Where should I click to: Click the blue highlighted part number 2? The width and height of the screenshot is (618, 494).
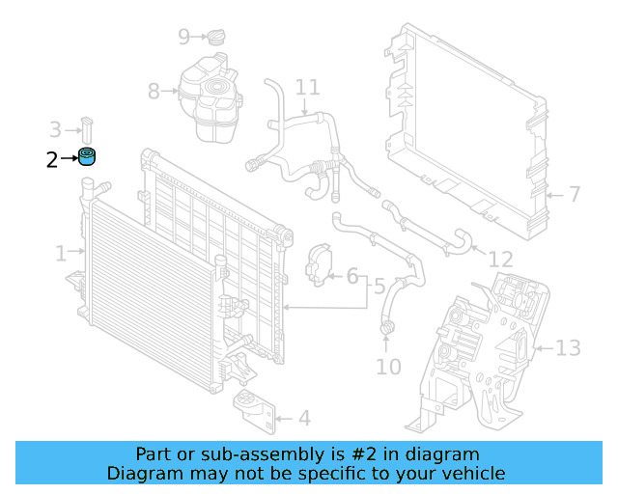89,158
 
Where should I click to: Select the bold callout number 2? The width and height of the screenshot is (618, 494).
52,160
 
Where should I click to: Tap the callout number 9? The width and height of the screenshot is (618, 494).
183,38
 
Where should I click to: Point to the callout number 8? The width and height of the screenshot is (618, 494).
154,92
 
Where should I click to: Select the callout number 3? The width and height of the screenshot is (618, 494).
55,128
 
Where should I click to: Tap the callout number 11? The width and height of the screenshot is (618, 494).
307,88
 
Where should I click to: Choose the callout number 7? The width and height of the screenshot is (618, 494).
574,195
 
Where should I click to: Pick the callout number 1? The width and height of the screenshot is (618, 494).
61,253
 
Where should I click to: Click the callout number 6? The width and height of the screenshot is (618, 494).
352,277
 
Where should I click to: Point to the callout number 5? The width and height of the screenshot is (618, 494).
379,286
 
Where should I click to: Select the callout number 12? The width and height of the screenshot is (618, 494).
499,259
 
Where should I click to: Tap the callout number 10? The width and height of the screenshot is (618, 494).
387,367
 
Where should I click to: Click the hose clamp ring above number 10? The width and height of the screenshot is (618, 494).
388,332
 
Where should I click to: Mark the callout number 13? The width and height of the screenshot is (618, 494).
568,347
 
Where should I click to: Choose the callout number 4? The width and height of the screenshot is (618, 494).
304,418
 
